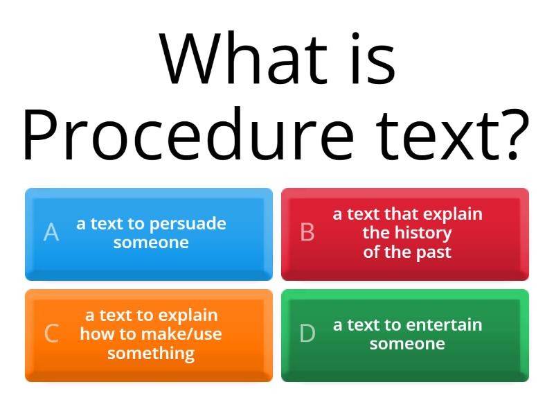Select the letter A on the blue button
(x=51, y=232)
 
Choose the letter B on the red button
(x=307, y=232)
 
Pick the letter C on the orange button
(x=51, y=333)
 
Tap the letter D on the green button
(x=307, y=333)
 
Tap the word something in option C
(x=151, y=353)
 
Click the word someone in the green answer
(x=407, y=343)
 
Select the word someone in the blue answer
(x=151, y=243)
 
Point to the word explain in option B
(x=454, y=214)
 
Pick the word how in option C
(x=95, y=334)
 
